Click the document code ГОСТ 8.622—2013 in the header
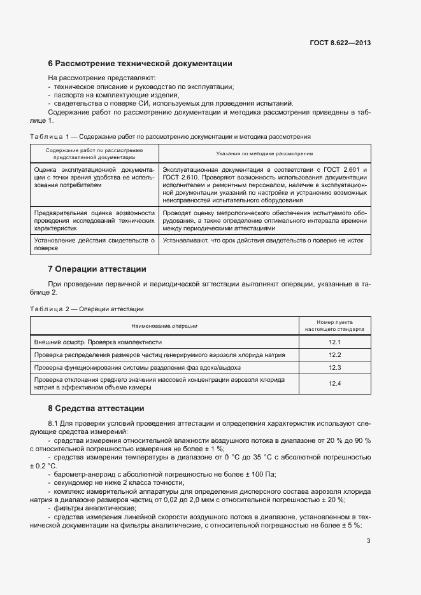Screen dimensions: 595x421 click(x=340, y=43)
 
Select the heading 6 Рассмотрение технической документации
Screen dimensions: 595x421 click(x=140, y=64)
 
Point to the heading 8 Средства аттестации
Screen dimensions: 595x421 click(x=96, y=408)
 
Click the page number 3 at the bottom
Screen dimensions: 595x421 click(x=368, y=542)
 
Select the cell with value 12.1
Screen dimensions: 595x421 click(x=335, y=342)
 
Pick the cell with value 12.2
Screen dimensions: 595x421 click(x=335, y=354)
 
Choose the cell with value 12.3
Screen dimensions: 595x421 click(x=335, y=368)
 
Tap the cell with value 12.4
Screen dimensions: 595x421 click(x=335, y=383)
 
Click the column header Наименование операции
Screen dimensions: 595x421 click(x=164, y=325)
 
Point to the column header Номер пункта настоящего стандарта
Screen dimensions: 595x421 click(x=335, y=325)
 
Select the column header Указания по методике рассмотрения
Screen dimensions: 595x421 click(x=264, y=153)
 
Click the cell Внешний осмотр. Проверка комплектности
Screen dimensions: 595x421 click(x=98, y=342)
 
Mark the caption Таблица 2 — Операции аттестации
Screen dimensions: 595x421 click(x=87, y=309)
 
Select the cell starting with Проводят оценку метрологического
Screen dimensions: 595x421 click(x=264, y=220)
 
